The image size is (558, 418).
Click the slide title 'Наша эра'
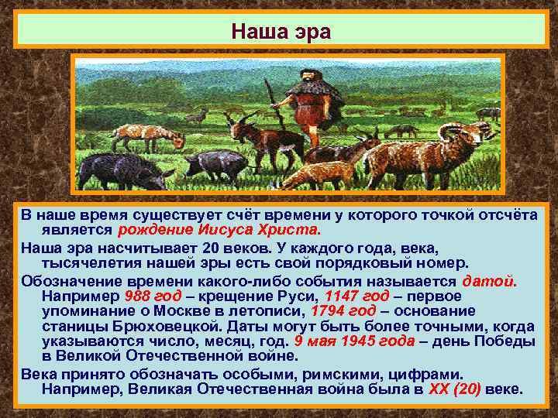point(281,33)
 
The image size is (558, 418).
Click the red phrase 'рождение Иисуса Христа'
point(218,230)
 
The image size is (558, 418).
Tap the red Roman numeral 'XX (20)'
point(454,389)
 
